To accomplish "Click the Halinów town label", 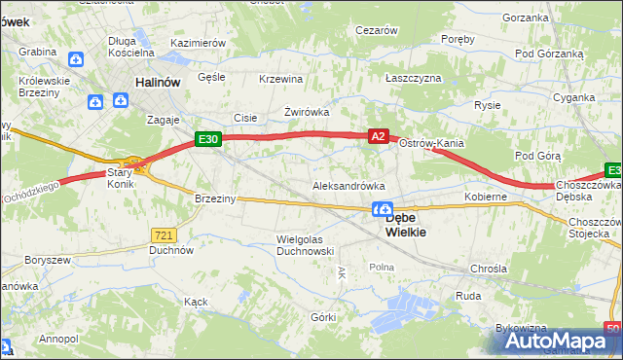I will pyautogui.click(x=158, y=83).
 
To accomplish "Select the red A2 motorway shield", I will pyautogui.click(x=380, y=139).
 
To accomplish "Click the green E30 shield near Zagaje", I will pyautogui.click(x=207, y=139).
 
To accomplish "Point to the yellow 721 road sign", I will pyautogui.click(x=164, y=234).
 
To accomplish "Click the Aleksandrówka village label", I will pyautogui.click(x=348, y=185).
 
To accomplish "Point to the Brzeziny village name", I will pyautogui.click(x=215, y=198).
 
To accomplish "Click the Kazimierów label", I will pyautogui.click(x=198, y=44).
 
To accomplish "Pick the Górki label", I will pyautogui.click(x=323, y=317).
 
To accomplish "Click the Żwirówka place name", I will pyautogui.click(x=306, y=112).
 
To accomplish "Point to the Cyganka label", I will pyautogui.click(x=573, y=97).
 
